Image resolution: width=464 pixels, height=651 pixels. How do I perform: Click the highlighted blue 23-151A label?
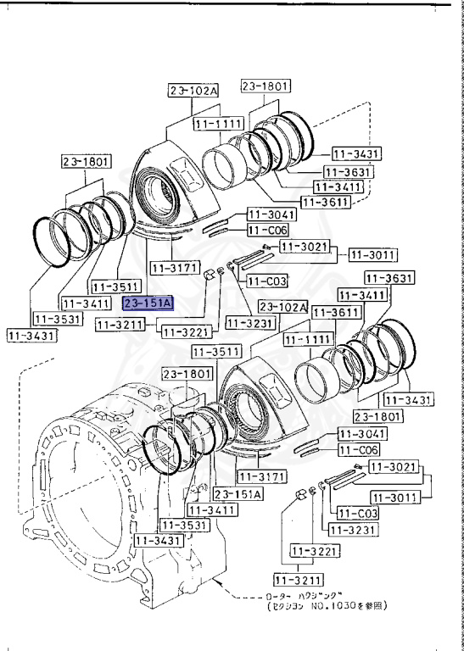[x=148, y=303]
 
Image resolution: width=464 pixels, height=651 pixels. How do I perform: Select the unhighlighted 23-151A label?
[x=238, y=494]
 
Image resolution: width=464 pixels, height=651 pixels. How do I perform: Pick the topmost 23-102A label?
[x=193, y=91]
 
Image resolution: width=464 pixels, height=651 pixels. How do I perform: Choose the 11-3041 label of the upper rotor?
[x=269, y=215]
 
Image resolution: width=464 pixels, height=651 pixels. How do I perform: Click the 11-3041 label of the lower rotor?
[x=361, y=434]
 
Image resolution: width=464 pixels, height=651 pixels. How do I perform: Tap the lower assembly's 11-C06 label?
[x=361, y=450]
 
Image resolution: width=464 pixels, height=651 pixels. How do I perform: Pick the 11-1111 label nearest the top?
[x=219, y=124]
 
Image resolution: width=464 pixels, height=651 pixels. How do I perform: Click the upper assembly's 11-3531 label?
[x=56, y=319]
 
